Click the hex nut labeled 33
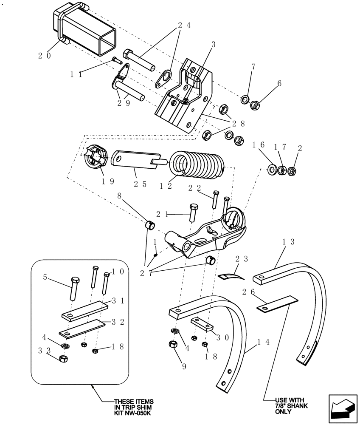[x=62, y=359]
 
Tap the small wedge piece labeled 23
[x=229, y=276]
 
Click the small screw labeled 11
[x=116, y=60]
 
